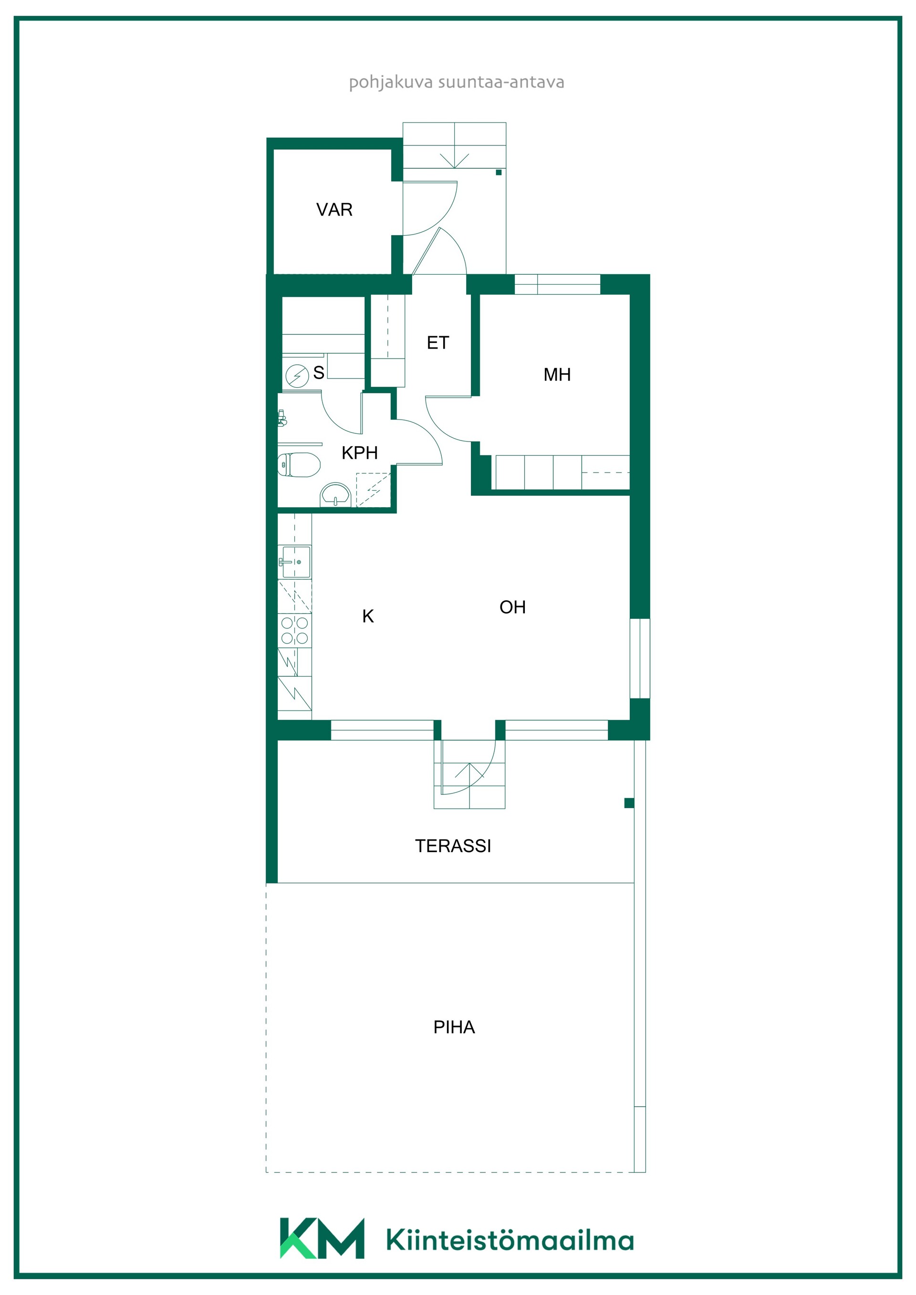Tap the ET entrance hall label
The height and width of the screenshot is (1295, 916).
(438, 343)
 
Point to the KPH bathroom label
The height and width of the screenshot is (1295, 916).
(360, 453)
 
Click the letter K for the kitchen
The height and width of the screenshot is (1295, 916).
(368, 617)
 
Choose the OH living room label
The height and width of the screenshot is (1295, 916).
(512, 607)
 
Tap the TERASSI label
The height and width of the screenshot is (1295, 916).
(453, 846)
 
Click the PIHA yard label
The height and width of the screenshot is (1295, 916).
(454, 1028)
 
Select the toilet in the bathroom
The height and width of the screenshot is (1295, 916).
(299, 465)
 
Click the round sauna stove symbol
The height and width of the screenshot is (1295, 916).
(297, 376)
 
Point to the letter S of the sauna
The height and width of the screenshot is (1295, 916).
(319, 373)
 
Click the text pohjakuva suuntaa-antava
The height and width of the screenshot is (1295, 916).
(457, 82)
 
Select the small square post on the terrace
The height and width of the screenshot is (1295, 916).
(629, 803)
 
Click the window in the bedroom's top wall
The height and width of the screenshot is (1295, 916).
(557, 284)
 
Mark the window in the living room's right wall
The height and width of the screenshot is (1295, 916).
(640, 658)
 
